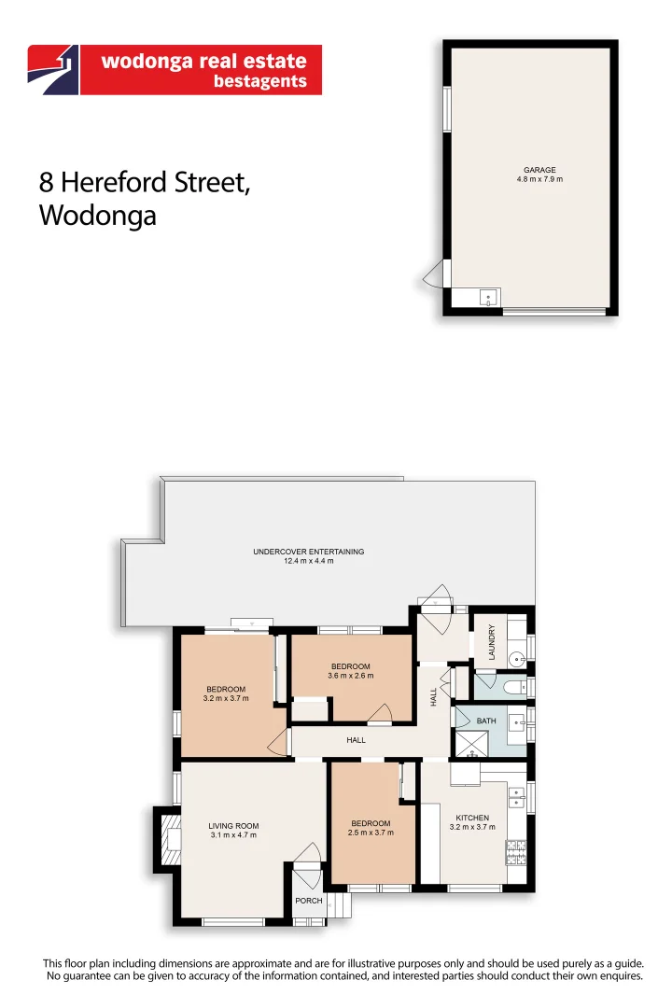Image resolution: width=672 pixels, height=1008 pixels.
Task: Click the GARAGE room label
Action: tap(539, 170)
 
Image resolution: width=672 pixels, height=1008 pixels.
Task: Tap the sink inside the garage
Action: tap(489, 299)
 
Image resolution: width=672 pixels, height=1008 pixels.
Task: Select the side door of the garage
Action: tap(431, 276)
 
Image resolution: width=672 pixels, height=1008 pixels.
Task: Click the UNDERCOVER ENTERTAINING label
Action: tap(308, 552)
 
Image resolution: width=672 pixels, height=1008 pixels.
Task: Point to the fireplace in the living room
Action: tap(169, 837)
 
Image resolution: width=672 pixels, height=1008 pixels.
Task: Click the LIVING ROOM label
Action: tap(233, 826)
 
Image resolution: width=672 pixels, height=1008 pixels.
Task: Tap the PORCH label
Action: tap(308, 901)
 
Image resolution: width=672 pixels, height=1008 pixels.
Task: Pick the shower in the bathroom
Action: tap(470, 742)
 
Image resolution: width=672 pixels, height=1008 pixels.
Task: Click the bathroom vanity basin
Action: tap(514, 719)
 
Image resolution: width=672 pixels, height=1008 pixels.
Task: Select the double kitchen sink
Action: tap(515, 797)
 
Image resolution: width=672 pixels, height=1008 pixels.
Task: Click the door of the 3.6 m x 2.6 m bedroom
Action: tap(379, 716)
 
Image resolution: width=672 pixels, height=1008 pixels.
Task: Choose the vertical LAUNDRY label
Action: tap(492, 642)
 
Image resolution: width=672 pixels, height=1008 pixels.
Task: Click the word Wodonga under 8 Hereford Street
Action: tap(97, 216)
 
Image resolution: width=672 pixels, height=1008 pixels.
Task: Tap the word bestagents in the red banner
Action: tap(260, 82)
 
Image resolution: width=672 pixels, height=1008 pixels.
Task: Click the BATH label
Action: tap(486, 721)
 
